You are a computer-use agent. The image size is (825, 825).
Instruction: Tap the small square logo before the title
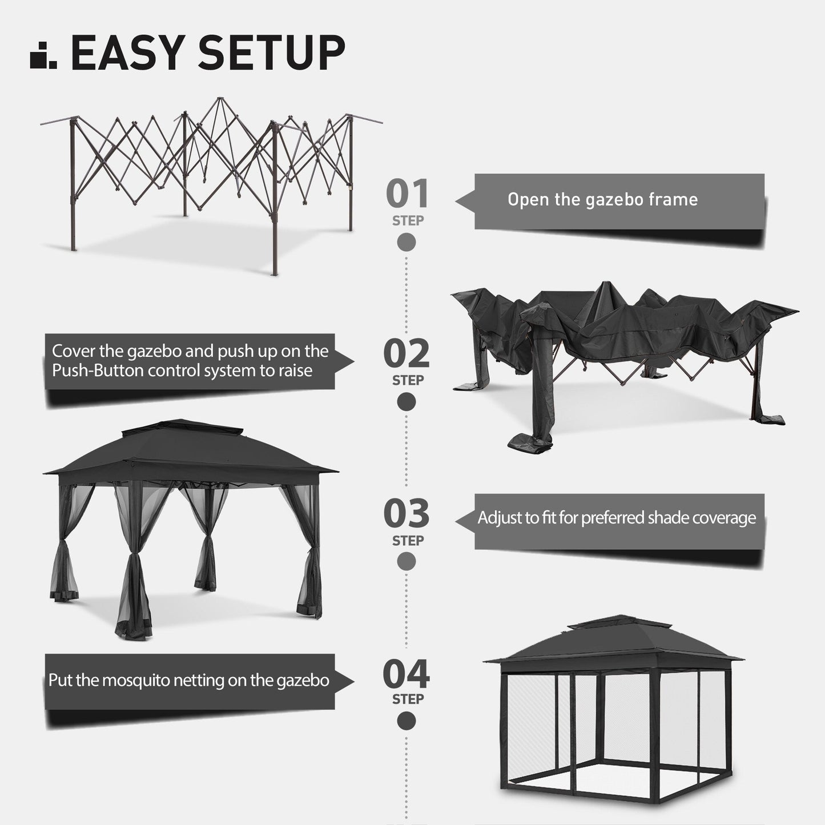(x=43, y=55)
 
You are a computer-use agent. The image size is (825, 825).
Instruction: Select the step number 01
(x=407, y=194)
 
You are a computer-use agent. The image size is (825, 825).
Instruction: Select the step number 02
(x=407, y=354)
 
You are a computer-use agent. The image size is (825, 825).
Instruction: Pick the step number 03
(x=407, y=514)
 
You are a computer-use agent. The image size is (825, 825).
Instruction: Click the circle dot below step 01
(x=407, y=242)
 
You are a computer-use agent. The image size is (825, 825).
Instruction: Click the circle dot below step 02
(x=407, y=402)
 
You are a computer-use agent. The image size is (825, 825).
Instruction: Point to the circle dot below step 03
(x=407, y=562)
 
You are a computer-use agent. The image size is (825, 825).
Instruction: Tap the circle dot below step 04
(x=407, y=721)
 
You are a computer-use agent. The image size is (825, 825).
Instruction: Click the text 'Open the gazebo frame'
(x=602, y=200)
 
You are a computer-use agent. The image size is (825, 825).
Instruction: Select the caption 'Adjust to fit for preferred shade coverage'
(x=617, y=518)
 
